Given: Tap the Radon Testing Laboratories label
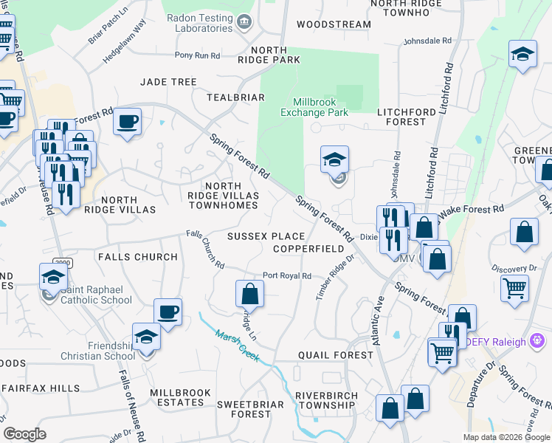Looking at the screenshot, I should [199, 23].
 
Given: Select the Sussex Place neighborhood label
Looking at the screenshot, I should [266, 236].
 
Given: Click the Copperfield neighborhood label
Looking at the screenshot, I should [308, 249].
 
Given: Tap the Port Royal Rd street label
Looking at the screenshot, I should [287, 276].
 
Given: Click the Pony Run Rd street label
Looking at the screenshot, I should [198, 55].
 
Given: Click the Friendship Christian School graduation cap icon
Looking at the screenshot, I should [146, 337].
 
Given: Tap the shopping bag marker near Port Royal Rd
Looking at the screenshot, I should [250, 293].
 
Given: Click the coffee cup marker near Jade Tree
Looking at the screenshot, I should [128, 121].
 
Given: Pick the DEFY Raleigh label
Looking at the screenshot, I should [494, 342].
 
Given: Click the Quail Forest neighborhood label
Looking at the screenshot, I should [336, 355].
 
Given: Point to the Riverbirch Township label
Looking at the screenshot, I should [325, 399].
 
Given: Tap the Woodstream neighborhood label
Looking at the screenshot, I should [334, 24].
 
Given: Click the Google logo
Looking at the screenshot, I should [24, 434].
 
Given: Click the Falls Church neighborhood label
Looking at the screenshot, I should [137, 257].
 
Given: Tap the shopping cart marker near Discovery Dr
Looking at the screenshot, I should [514, 288].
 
